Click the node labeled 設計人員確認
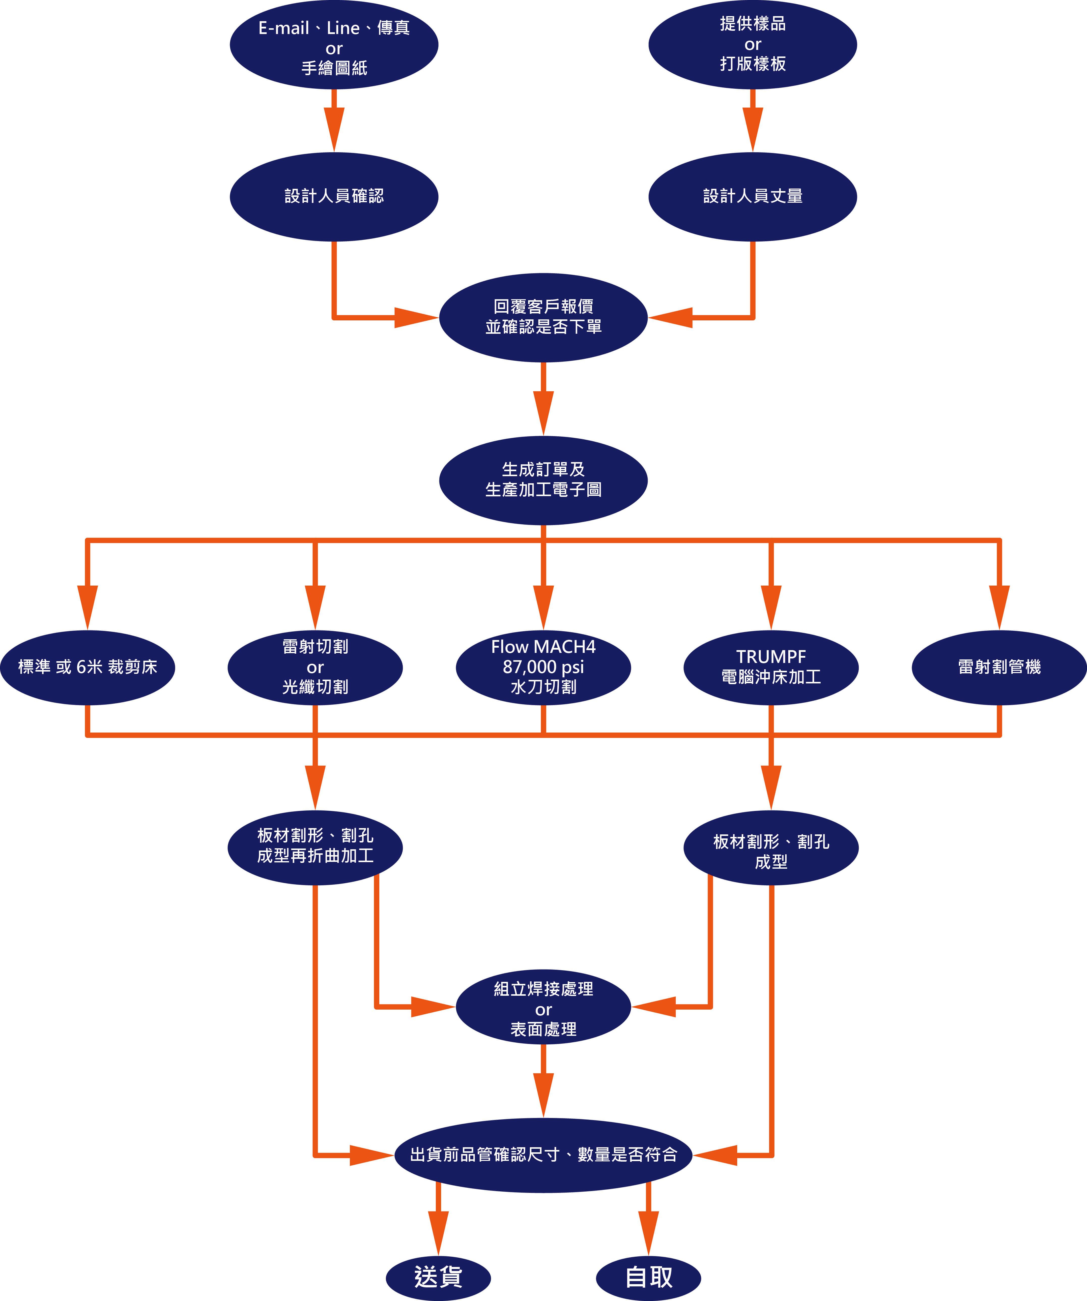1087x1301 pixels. pyautogui.click(x=334, y=196)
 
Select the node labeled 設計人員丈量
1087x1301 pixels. pyautogui.click(x=752, y=196)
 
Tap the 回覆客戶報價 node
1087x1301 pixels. pyautogui.click(x=543, y=317)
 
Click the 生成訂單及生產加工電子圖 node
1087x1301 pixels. pyautogui.click(x=543, y=480)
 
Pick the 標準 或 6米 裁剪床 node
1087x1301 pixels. pyautogui.click(x=87, y=667)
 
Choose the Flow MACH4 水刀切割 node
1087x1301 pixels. pyautogui.click(x=543, y=667)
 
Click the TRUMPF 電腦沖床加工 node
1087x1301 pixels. pyautogui.click(x=771, y=667)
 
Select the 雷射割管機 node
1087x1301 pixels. pyautogui.click(x=999, y=667)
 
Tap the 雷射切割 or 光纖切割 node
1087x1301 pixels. pyautogui.click(x=315, y=667)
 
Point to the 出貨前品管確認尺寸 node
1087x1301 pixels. pyautogui.click(x=543, y=1155)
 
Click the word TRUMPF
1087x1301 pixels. pyautogui.click(x=771, y=657)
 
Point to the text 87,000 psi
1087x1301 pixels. pyautogui.click(x=543, y=667)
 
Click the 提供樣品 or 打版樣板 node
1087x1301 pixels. pyautogui.click(x=752, y=45)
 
